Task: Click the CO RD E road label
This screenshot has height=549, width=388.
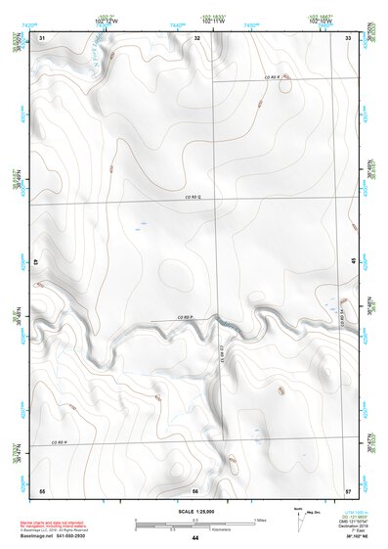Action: [270, 76]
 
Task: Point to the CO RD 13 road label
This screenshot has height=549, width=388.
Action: [224, 352]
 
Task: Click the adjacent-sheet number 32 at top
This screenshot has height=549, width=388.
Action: [197, 37]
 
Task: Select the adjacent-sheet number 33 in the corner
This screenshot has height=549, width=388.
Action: [349, 37]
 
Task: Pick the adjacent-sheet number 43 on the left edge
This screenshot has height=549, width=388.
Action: [36, 263]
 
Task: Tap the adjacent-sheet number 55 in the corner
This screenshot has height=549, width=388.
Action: [42, 489]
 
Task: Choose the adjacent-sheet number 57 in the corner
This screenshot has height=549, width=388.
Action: [349, 489]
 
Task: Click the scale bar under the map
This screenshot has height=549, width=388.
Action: [195, 522]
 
